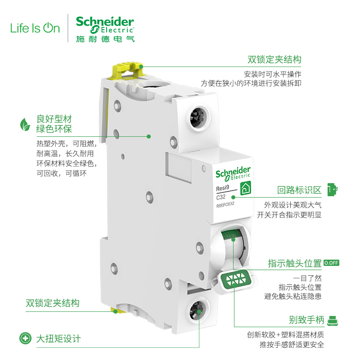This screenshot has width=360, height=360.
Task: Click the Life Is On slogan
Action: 35,29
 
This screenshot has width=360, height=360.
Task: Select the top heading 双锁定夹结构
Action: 274,60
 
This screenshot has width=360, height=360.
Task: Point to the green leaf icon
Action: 24,124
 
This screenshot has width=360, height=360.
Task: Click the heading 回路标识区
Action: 299,190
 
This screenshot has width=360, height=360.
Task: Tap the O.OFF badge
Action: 331,263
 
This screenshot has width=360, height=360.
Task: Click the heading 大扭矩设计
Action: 58,338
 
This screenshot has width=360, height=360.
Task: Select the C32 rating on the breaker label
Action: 221,197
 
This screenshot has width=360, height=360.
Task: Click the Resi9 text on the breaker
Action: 223,189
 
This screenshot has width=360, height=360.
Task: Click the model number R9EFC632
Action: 225,205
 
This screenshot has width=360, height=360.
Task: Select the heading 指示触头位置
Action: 295,263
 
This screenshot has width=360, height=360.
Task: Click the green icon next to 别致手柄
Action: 332,320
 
